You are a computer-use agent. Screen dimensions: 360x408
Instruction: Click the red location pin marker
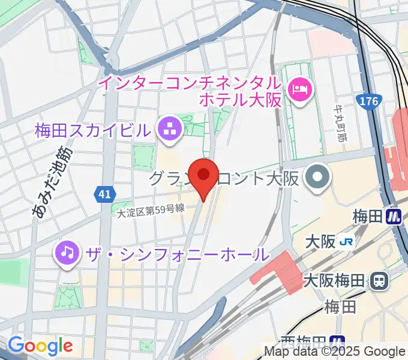click(204, 176)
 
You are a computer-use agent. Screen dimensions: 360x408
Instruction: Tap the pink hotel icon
click(299, 91)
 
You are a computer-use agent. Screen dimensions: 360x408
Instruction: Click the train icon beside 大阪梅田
click(379, 280)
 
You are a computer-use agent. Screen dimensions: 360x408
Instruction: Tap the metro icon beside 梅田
click(394, 215)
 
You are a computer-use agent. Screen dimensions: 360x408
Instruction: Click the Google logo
click(40, 346)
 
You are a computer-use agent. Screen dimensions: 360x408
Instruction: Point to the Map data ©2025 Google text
click(335, 352)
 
